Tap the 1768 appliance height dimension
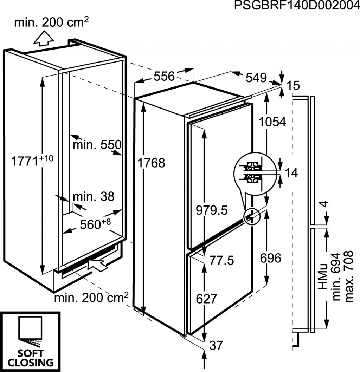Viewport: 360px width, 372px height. tap(152, 163)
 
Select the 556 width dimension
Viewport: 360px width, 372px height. tap(164, 76)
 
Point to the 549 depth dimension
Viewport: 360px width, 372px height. tap(256, 78)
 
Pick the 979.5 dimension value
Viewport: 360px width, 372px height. tap(212, 210)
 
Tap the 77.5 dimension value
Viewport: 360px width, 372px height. tap(221, 260)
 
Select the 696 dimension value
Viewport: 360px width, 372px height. tap(270, 258)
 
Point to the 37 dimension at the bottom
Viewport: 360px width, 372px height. tap(216, 346)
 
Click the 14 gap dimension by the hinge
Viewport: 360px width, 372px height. tap(291, 172)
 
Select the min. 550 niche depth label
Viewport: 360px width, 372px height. tap(97, 144)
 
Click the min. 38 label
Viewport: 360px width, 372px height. tap(94, 197)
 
